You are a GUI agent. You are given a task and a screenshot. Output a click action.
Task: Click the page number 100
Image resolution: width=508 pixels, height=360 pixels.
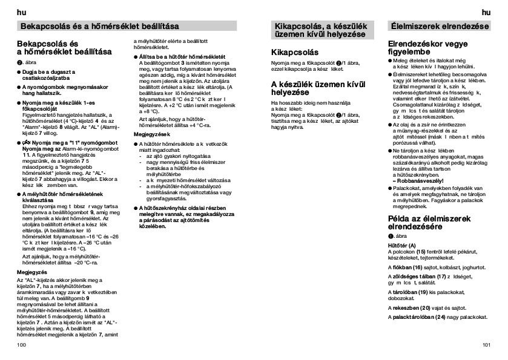(x=22, y=344)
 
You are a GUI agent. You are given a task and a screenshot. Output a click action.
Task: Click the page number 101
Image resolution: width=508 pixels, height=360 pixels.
(x=486, y=344)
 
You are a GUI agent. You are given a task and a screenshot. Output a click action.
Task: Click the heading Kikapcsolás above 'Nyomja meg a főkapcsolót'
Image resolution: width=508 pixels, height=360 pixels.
(x=294, y=53)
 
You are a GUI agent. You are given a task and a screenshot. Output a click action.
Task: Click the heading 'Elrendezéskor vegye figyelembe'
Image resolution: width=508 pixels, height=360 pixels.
(x=429, y=49)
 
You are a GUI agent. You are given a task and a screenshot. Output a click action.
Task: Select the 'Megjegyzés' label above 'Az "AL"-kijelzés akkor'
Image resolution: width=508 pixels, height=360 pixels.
(x=31, y=272)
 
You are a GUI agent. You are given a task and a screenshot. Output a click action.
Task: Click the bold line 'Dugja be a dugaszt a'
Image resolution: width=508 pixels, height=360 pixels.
(x=55, y=71)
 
